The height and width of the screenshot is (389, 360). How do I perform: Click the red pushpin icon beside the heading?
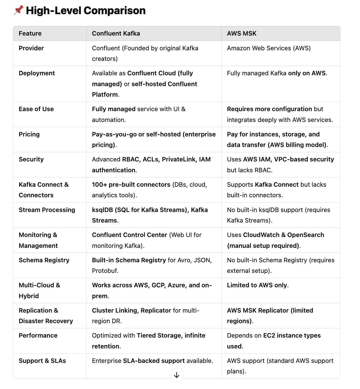pyautogui.click(x=18, y=10)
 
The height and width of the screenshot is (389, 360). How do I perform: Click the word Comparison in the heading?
pyautogui.click(x=114, y=11)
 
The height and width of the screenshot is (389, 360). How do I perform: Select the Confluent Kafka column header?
pyautogui.click(x=116, y=33)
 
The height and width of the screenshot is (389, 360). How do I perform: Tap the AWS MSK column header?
pyautogui.click(x=241, y=33)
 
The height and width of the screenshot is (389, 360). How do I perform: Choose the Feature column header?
pyautogui.click(x=30, y=33)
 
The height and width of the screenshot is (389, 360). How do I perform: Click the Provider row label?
pyautogui.click(x=31, y=48)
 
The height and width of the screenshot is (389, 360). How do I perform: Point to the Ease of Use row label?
pyautogui.click(x=36, y=109)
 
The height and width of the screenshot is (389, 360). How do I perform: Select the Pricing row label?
pyautogui.click(x=29, y=134)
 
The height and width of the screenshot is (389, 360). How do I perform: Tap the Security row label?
pyautogui.click(x=31, y=159)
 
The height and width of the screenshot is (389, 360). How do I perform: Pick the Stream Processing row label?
pyautogui.click(x=47, y=210)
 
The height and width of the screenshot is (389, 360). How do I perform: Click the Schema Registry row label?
pyautogui.click(x=44, y=260)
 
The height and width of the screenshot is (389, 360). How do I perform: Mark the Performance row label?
pyautogui.click(x=38, y=335)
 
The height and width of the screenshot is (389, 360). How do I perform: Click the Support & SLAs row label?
pyautogui.click(x=42, y=361)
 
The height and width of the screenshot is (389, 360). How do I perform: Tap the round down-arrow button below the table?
pyautogui.click(x=177, y=375)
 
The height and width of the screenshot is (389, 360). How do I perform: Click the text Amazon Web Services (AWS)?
pyautogui.click(x=269, y=48)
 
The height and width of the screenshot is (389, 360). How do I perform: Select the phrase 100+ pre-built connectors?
pyautogui.click(x=131, y=184)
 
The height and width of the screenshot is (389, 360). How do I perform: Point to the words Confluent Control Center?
pyautogui.click(x=129, y=235)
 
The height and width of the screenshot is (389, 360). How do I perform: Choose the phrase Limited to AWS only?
pyautogui.click(x=257, y=285)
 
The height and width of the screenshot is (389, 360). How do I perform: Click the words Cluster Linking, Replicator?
pyautogui.click(x=131, y=310)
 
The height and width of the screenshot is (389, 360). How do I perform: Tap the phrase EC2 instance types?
pyautogui.click(x=292, y=335)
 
